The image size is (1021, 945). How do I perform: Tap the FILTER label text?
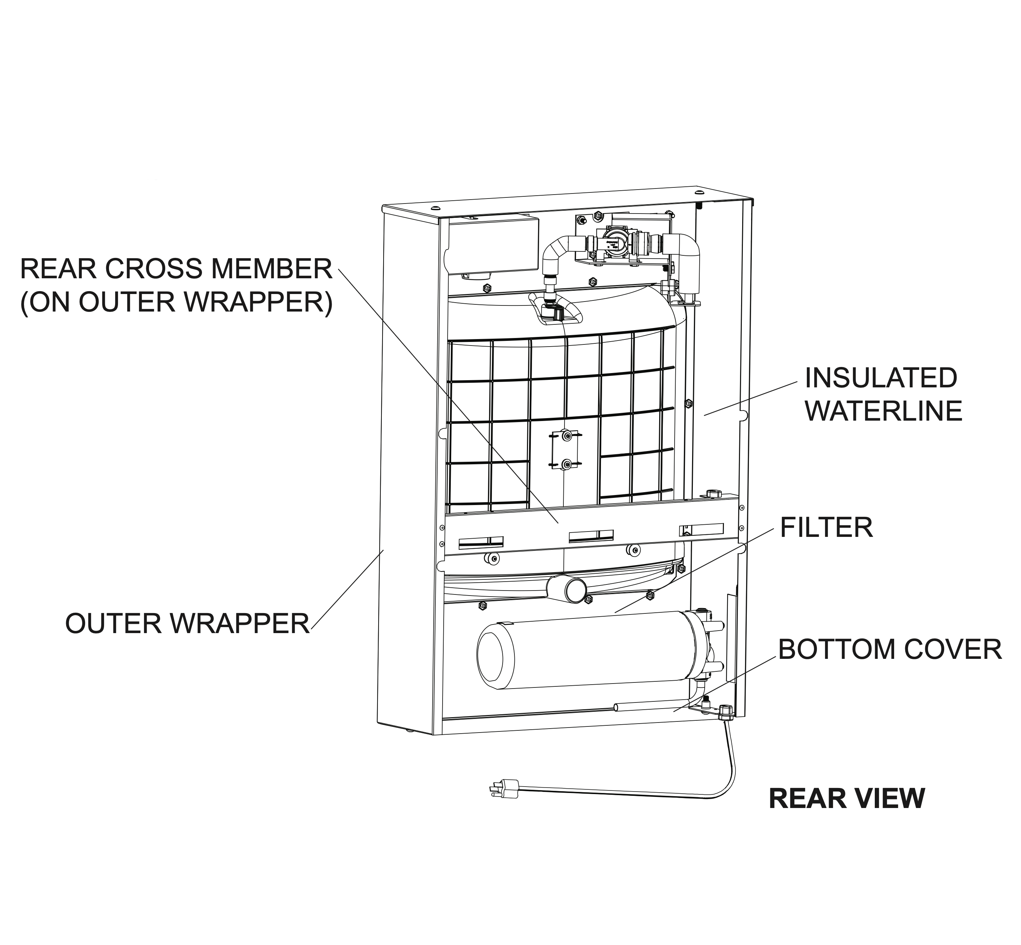(826, 527)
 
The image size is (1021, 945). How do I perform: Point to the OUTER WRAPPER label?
(188, 623)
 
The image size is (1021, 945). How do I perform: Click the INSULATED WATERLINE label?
(883, 394)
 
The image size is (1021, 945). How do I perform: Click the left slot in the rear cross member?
(480, 542)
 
